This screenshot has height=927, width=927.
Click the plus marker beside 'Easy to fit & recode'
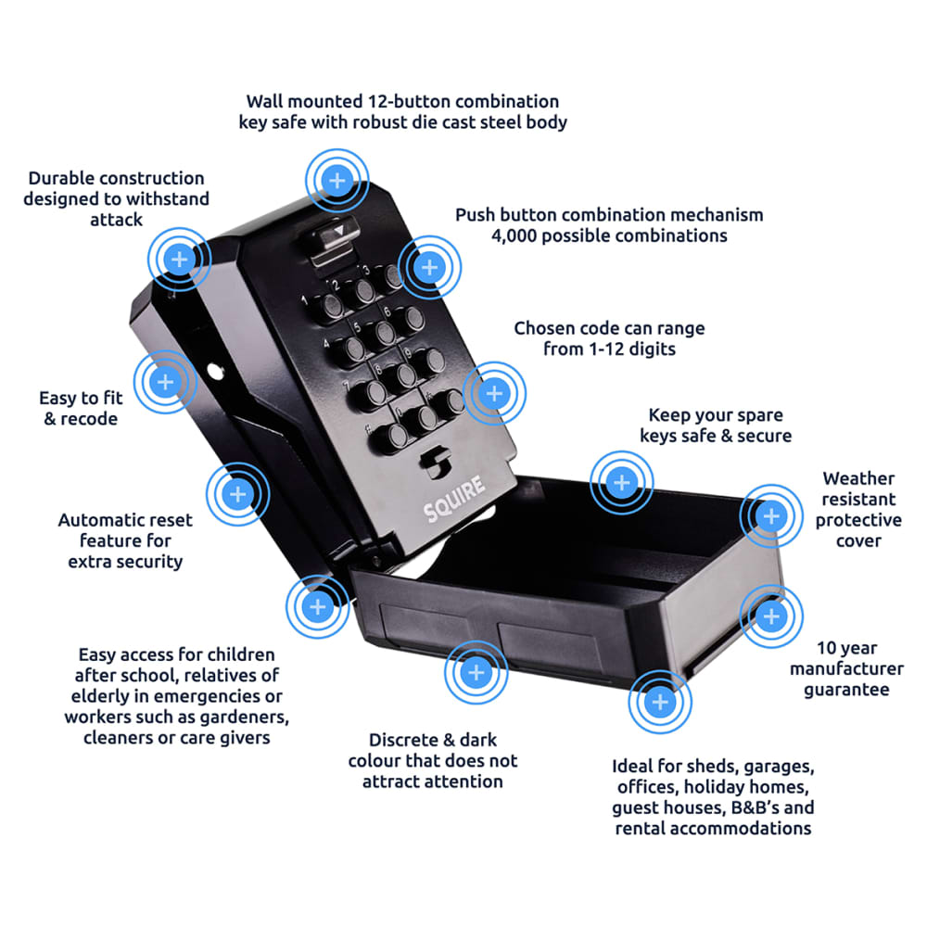point(166,381)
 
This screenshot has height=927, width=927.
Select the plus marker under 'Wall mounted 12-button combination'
point(337,179)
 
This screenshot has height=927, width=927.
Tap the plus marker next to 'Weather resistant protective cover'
point(771,514)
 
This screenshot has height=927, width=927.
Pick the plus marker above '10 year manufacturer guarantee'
point(771,616)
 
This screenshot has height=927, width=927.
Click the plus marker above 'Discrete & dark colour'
point(476,673)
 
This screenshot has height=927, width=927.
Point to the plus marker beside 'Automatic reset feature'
point(237,494)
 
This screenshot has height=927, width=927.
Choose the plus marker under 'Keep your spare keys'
point(622,483)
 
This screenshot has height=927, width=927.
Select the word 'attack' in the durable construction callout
point(116,220)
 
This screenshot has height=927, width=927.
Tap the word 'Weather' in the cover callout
point(858,478)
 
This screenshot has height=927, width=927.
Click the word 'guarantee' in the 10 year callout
point(845,689)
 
